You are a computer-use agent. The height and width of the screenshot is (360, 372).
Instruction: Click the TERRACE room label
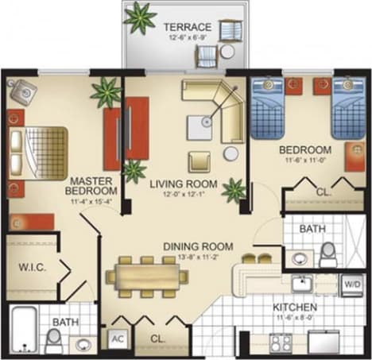[187, 27]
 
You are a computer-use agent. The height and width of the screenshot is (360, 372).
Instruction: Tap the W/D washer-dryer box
[351, 281]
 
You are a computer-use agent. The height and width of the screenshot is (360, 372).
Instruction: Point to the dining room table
[149, 276]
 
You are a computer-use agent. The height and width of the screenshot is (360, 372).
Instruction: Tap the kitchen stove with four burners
[281, 342]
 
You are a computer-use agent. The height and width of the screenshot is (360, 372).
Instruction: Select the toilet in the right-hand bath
[327, 254]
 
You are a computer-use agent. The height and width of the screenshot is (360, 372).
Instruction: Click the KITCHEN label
[294, 307]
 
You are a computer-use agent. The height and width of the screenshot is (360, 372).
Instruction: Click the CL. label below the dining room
[158, 339]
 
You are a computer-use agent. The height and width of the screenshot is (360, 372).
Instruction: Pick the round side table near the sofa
[231, 153]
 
